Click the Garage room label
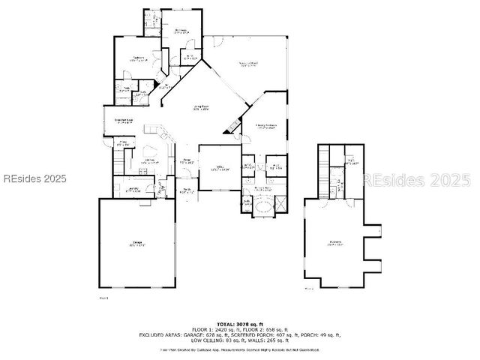137,243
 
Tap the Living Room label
201,109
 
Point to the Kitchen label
149,160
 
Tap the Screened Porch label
248,64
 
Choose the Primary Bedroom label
266,126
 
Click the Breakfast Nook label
124,120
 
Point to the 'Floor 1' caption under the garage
104,298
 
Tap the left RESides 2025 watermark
34,179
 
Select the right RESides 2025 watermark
417,180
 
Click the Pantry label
121,140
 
